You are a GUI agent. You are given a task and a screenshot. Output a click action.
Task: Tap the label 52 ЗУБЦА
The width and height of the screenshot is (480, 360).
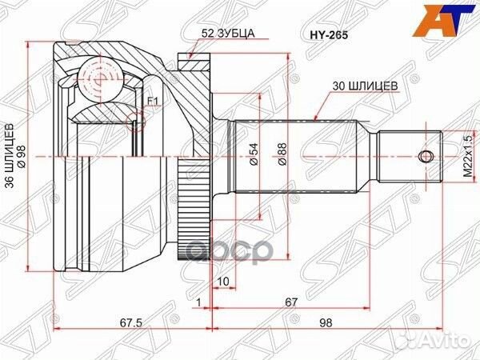[x=228, y=33]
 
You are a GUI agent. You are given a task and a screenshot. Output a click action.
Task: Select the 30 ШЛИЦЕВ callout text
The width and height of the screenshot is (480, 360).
[x=366, y=86]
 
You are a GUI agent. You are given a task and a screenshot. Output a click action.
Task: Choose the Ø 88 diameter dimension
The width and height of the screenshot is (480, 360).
[x=282, y=154]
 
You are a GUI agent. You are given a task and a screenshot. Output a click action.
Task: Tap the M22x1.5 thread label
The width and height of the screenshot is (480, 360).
[x=468, y=157]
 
